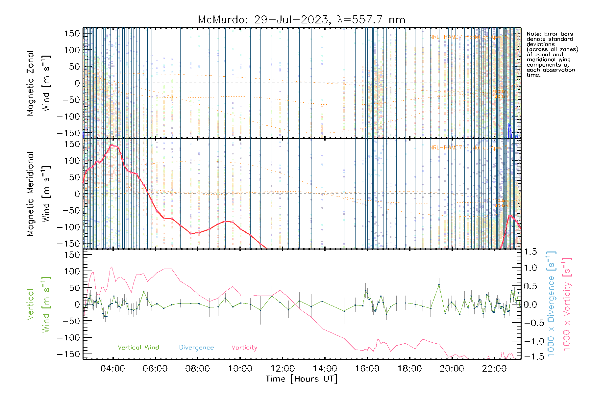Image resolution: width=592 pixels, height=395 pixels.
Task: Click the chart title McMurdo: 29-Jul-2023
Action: [301, 20]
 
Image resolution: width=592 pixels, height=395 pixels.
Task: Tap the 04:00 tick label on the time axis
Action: [113, 369]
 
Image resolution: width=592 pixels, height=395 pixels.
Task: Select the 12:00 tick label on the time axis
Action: [283, 369]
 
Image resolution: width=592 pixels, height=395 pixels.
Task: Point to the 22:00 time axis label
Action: [494, 369]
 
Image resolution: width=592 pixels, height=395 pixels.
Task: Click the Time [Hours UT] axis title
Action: [302, 379]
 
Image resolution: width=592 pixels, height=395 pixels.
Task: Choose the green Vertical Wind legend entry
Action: [138, 347]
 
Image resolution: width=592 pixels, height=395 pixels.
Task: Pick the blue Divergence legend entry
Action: [196, 347]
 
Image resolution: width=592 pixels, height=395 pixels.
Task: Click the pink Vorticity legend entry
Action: [244, 347]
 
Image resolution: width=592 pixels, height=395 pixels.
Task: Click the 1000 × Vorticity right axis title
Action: [567, 304]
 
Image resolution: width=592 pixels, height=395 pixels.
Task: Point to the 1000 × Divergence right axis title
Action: [551, 304]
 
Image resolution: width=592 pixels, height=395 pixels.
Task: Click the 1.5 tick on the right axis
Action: [530, 252]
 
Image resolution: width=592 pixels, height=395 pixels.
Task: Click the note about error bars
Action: [552, 54]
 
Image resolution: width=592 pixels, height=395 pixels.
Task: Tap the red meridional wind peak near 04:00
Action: [112, 145]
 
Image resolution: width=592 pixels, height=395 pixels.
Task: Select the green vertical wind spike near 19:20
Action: [439, 285]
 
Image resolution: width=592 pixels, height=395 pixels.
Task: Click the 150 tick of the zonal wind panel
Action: [72, 33]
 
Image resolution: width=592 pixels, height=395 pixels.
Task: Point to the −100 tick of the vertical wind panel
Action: [68, 337]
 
